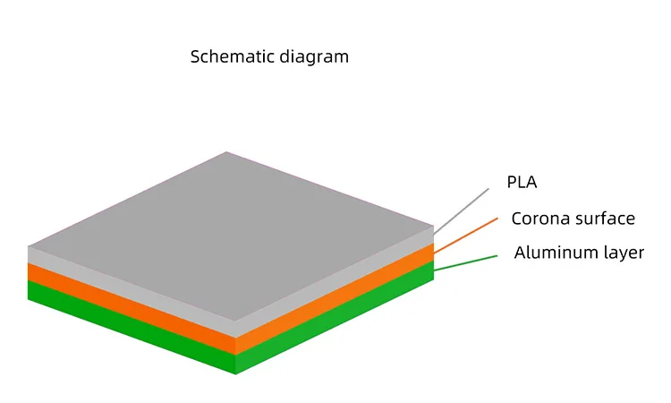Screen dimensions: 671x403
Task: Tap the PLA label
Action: click(522, 183)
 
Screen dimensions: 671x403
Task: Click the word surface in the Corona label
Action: click(605, 219)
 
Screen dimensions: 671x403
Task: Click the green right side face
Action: click(335, 322)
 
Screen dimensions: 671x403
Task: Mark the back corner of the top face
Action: click(226, 152)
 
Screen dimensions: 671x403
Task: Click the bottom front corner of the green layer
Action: click(235, 373)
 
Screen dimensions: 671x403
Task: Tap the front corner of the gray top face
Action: click(235, 320)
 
